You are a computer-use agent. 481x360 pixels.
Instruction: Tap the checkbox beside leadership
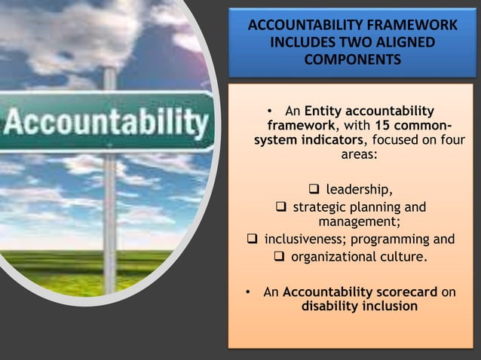[x=314, y=188]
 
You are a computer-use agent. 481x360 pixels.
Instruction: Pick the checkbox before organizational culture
[x=277, y=258]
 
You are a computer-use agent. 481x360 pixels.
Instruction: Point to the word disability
[x=330, y=307]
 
